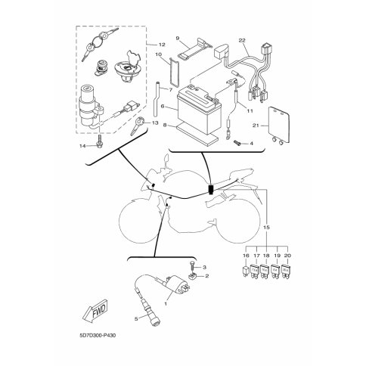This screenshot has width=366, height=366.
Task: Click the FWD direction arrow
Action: (x=96, y=311)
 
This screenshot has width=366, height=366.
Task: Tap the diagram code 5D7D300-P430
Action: (x=97, y=336)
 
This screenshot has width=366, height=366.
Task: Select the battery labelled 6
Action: (x=199, y=110)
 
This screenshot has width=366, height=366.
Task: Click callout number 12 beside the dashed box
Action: (x=162, y=45)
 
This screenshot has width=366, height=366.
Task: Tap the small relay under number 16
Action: (x=246, y=271)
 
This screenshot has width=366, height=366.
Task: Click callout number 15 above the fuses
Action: (x=267, y=228)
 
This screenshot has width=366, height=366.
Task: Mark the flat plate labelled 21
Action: (x=278, y=126)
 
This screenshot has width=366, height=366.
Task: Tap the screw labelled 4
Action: (x=238, y=143)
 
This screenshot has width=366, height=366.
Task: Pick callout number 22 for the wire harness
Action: (x=242, y=40)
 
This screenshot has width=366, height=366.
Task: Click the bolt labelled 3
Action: (x=192, y=265)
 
